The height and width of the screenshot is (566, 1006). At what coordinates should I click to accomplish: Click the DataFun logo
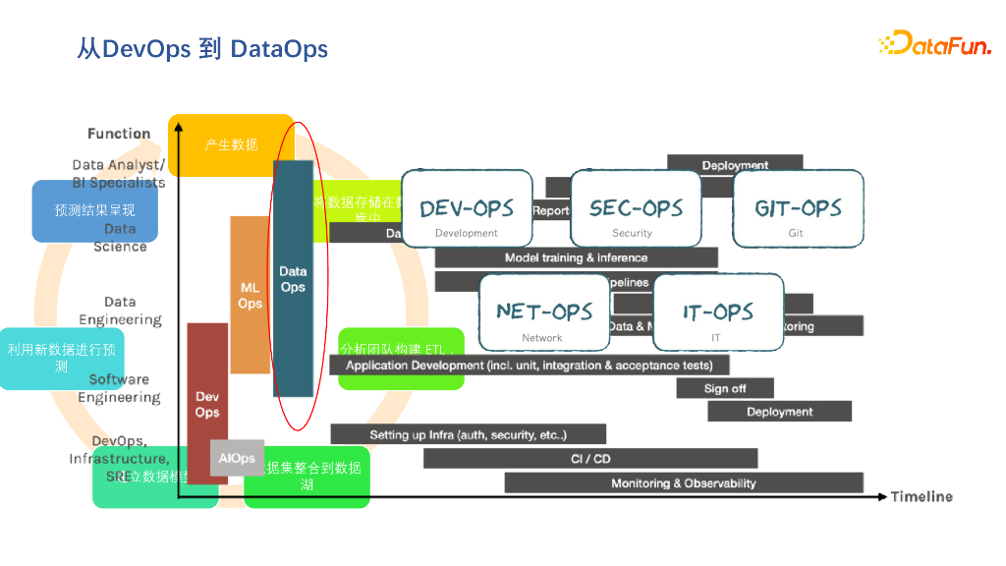(934, 43)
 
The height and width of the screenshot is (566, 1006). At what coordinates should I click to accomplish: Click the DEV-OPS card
(467, 207)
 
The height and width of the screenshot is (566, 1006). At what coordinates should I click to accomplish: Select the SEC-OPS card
(636, 207)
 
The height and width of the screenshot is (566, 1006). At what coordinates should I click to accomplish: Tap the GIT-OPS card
(798, 207)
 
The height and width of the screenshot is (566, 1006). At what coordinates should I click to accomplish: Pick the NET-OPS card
(544, 311)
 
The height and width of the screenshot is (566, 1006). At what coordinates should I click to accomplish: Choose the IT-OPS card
(718, 311)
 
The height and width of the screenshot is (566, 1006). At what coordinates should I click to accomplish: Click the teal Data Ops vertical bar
(293, 278)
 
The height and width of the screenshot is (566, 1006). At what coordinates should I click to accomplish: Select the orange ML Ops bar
(250, 295)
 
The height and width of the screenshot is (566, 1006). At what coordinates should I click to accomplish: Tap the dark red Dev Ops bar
(206, 403)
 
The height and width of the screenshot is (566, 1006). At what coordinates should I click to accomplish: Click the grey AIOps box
(237, 458)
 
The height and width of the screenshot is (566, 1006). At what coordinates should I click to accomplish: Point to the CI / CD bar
(590, 458)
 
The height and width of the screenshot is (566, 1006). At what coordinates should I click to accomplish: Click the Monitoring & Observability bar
(684, 482)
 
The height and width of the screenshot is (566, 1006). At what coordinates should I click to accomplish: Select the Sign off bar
(725, 388)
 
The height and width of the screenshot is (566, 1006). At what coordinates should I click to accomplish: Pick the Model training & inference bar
(576, 257)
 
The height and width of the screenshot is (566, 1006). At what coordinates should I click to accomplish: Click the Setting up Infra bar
(468, 434)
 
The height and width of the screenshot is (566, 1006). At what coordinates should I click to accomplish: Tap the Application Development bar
(536, 365)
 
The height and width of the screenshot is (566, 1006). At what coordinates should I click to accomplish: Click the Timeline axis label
(922, 496)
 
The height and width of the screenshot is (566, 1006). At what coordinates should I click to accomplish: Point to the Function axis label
(119, 134)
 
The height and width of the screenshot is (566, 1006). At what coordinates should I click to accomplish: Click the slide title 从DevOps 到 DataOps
(202, 48)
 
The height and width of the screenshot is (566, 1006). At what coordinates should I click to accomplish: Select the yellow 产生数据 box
(231, 144)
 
